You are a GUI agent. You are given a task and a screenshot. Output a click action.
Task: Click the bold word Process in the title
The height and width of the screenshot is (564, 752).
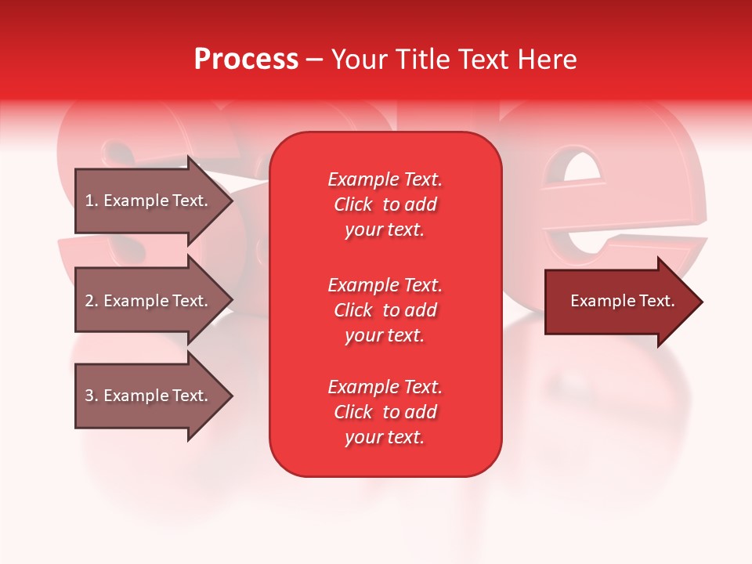click(246, 60)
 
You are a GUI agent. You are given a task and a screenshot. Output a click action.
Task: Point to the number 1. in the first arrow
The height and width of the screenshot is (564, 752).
click(92, 201)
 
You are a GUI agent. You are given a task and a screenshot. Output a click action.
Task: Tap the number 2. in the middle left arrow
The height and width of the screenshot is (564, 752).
click(92, 301)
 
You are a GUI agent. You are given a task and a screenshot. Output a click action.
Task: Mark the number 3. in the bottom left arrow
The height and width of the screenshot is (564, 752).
click(92, 396)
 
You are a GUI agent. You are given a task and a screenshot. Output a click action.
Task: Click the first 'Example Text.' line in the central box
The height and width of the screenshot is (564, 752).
click(385, 179)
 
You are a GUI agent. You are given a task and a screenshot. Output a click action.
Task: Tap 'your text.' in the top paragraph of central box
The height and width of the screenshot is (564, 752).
click(385, 230)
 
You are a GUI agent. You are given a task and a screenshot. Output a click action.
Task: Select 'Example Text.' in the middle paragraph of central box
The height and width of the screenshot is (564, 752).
click(385, 284)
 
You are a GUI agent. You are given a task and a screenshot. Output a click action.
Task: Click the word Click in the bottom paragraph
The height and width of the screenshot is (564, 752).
click(352, 412)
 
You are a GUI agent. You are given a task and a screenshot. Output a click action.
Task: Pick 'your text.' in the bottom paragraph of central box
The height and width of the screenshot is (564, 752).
click(385, 438)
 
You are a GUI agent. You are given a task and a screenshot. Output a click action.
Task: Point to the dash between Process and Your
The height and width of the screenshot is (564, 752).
click(314, 60)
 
